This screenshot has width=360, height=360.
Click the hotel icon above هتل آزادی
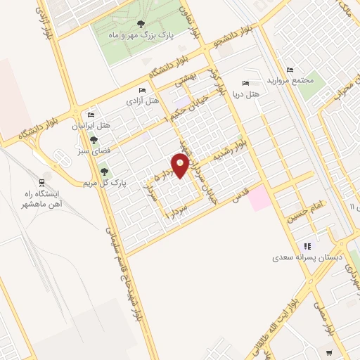pyautogui.click(x=143, y=91)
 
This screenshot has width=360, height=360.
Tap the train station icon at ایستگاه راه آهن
pyautogui.click(x=43, y=181)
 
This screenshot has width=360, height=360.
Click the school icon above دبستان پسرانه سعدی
pyautogui.click(x=307, y=246)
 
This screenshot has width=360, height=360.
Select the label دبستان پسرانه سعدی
pyautogui.click(x=307, y=258)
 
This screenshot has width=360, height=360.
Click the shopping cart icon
pyautogui.click(x=329, y=351)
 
